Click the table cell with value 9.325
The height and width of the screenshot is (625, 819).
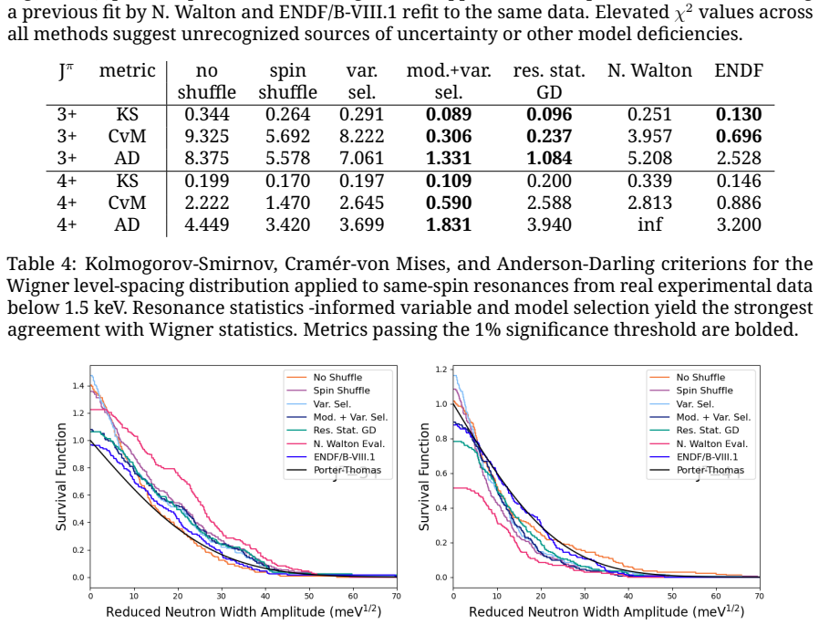[x=206, y=136]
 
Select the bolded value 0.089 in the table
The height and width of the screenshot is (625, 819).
[x=449, y=114]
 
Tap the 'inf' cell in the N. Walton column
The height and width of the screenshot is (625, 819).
[x=649, y=224]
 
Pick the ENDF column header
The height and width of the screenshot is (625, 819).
[x=739, y=70]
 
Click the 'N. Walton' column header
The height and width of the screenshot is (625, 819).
[x=649, y=70]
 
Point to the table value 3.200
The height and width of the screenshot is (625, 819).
[x=739, y=224]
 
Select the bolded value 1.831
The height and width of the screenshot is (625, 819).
[x=449, y=224]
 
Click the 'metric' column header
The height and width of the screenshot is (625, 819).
[x=128, y=70]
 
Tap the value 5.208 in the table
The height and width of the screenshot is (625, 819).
[x=649, y=159]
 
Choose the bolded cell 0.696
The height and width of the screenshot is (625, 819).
[x=739, y=136]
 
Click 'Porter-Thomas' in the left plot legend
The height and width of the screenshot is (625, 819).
[x=347, y=470]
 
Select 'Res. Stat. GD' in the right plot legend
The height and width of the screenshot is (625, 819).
[x=708, y=431]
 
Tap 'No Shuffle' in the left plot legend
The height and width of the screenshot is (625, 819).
[x=337, y=378]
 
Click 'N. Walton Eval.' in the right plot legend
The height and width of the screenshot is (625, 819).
[x=712, y=443]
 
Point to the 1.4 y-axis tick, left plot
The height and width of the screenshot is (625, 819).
[x=78, y=386]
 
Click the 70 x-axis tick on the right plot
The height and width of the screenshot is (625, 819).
[x=760, y=596]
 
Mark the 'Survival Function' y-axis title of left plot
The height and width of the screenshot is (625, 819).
[x=61, y=476]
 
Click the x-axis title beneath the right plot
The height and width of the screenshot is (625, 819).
[x=606, y=611]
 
